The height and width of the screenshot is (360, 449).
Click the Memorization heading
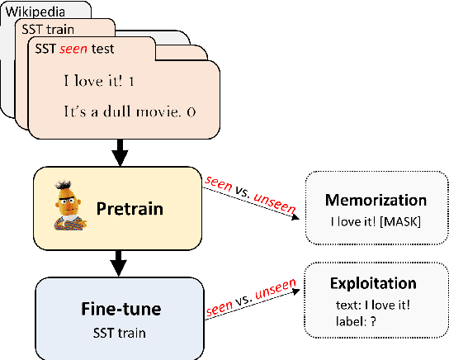[375, 201]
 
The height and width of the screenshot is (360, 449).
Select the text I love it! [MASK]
[376, 221]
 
